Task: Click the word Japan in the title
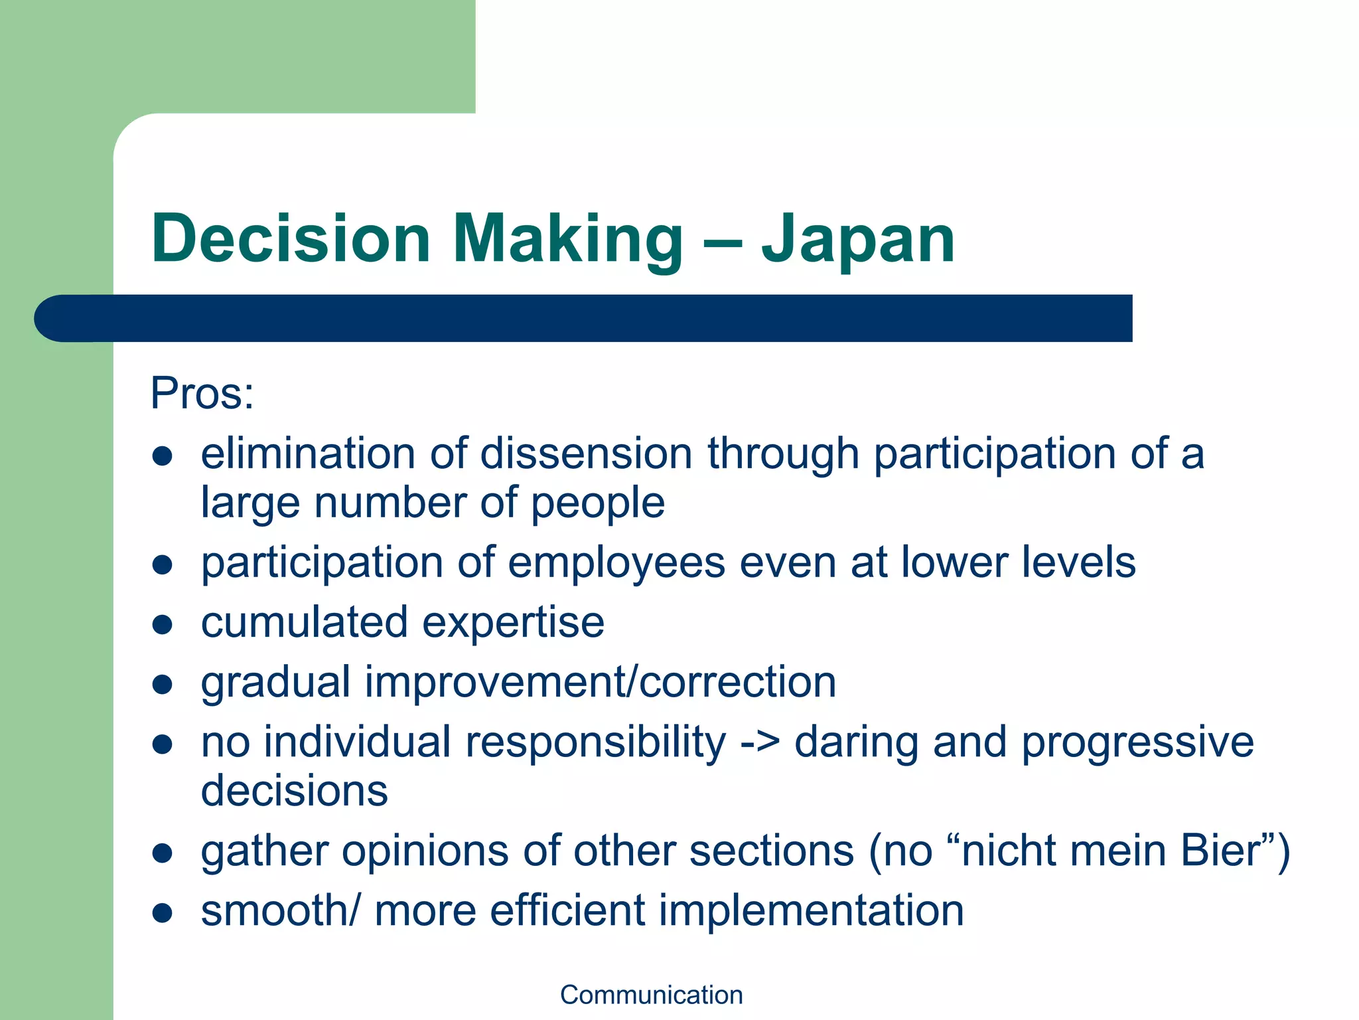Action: click(857, 239)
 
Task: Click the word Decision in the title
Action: click(291, 239)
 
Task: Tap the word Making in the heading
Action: click(568, 239)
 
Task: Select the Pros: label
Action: click(202, 393)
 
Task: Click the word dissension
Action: click(587, 454)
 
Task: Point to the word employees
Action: click(616, 563)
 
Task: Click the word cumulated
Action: click(304, 622)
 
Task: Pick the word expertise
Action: click(513, 624)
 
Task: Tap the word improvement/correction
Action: click(601, 682)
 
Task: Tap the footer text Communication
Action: click(651, 995)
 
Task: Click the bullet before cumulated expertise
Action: click(163, 624)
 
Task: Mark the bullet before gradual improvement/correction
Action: click(163, 684)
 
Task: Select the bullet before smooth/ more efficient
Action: click(163, 912)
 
